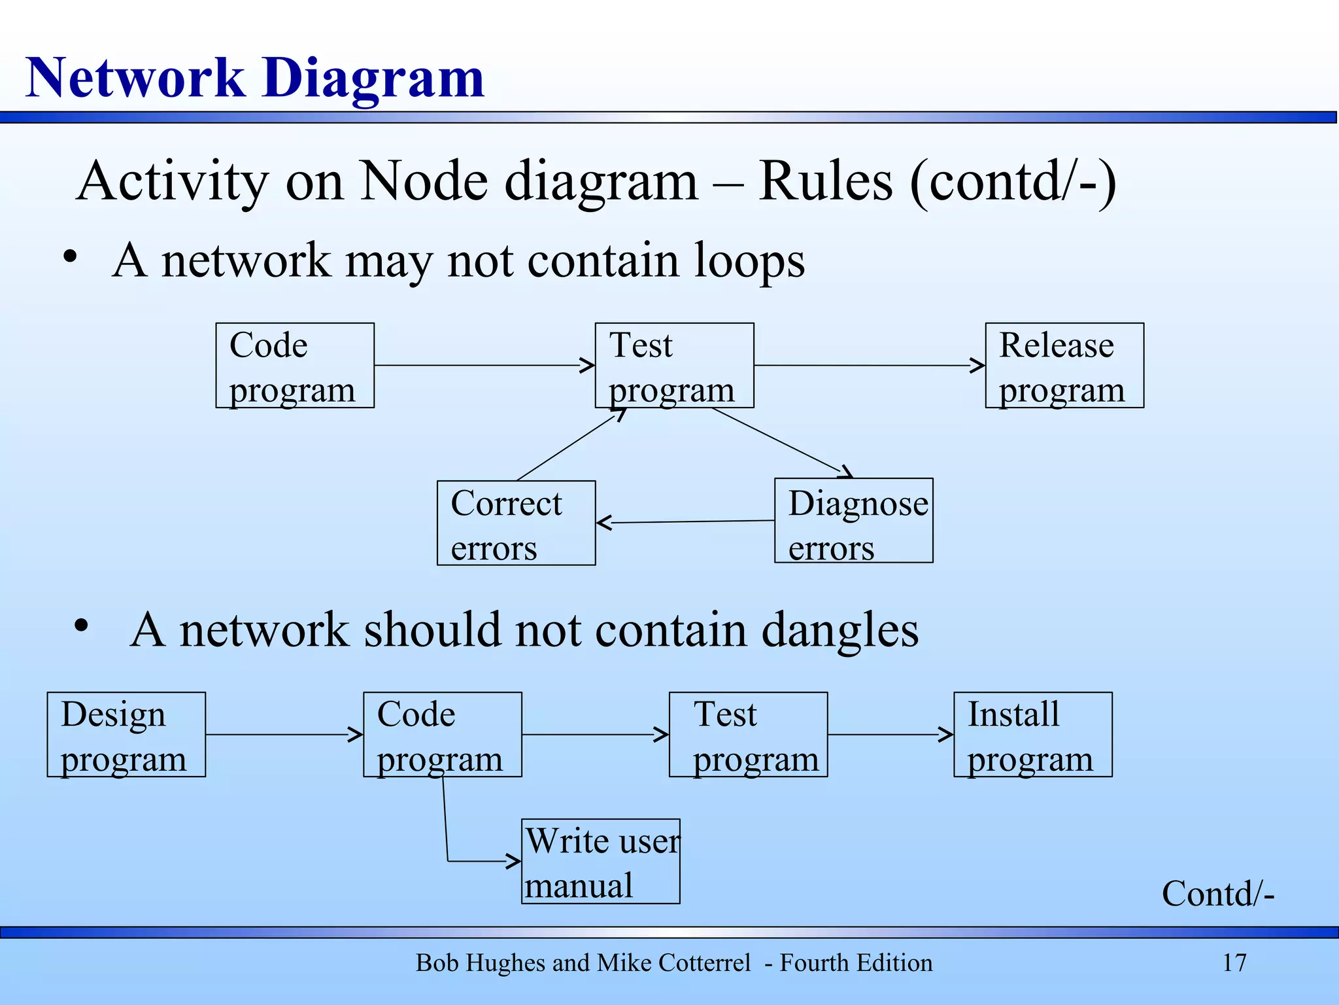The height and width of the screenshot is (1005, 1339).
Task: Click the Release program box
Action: coord(1064,366)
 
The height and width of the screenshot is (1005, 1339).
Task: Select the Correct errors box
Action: coord(516,523)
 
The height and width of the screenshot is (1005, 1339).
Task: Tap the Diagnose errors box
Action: coord(853,521)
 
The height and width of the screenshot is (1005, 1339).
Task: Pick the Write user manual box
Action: coord(600,862)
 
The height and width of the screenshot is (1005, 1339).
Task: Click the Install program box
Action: coord(1032,735)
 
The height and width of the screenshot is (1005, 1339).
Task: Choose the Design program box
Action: coord(126,735)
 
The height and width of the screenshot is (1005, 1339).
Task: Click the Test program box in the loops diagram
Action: coord(674,366)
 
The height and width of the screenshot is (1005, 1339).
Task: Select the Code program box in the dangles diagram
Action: coord(442,735)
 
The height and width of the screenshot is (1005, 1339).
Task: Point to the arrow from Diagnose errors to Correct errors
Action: coord(685,522)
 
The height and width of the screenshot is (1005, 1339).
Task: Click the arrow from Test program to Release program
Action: coord(870,366)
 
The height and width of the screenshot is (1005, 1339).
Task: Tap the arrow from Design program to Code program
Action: coord(284,735)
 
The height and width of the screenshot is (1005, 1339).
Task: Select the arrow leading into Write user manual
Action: coord(484,861)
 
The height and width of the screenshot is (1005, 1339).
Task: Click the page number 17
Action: coord(1234,963)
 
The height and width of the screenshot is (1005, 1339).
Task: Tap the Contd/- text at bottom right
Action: coord(1217,894)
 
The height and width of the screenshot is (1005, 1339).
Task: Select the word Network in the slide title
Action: coord(135,79)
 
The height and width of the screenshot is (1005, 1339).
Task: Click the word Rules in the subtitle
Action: coord(825,182)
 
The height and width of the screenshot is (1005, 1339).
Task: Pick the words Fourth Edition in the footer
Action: coord(856,963)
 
